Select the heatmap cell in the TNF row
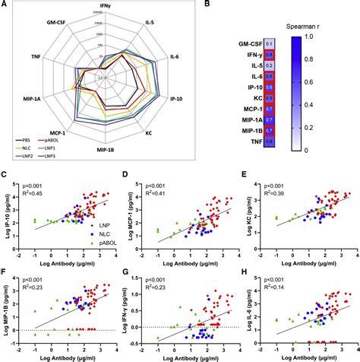pyautogui.click(x=269, y=141)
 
